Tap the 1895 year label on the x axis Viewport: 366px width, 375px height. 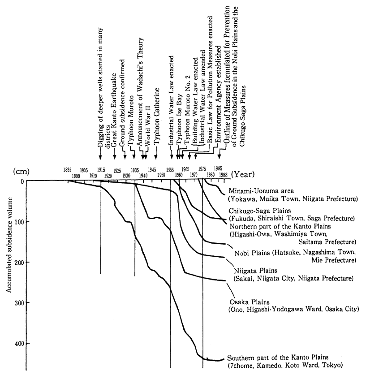coord(68,170)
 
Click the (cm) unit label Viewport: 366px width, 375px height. coord(21,172)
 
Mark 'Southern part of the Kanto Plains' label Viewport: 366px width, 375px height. coord(278,358)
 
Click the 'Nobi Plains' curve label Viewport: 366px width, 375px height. coord(251,253)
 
